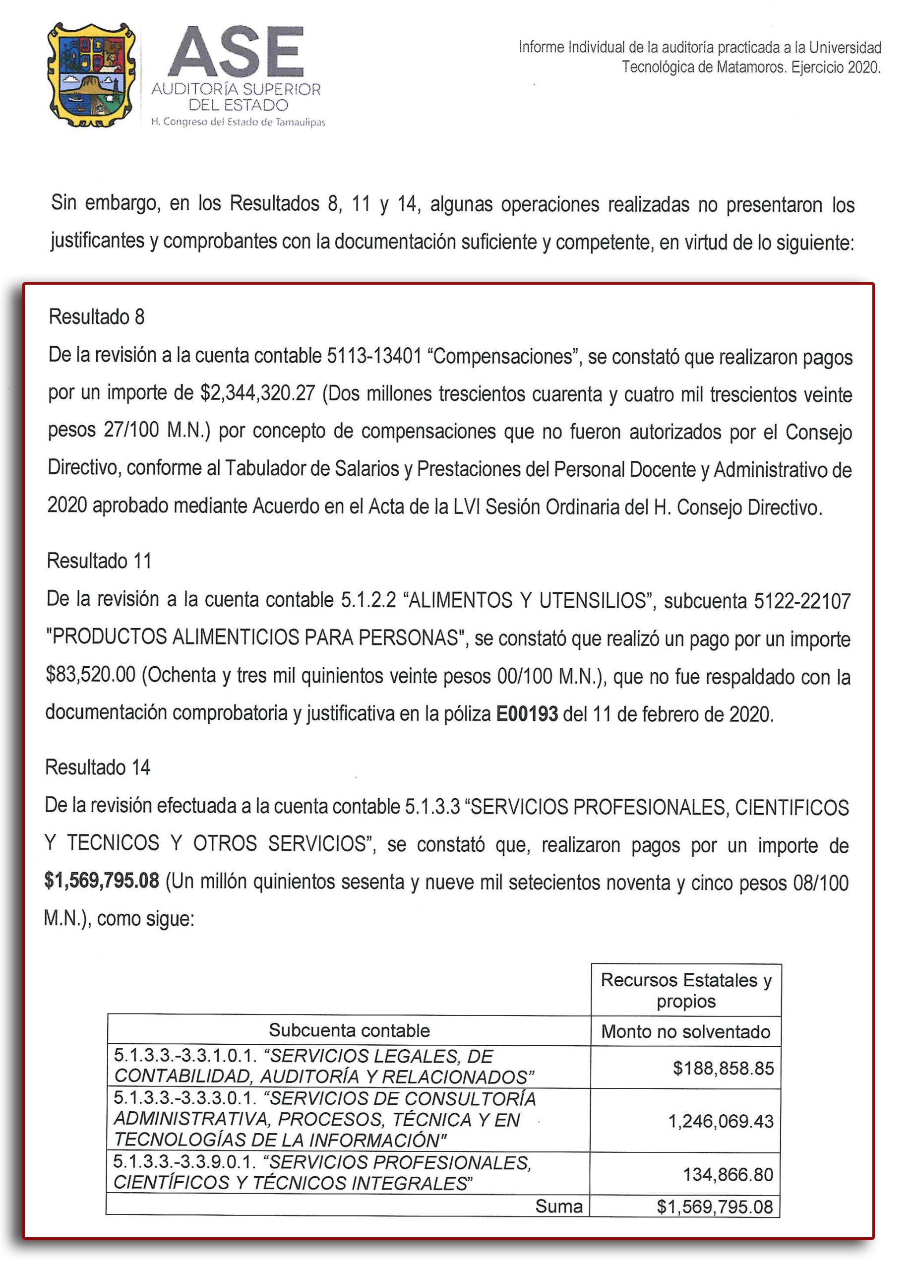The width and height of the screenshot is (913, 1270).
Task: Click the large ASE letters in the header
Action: click(x=236, y=54)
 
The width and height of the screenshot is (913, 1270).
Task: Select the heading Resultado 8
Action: click(x=96, y=317)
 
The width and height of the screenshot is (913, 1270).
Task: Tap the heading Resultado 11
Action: click(x=99, y=561)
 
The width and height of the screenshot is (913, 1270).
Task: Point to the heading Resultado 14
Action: click(x=97, y=767)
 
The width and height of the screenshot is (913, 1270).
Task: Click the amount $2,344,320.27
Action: click(x=257, y=393)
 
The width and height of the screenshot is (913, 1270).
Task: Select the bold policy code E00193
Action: click(x=527, y=714)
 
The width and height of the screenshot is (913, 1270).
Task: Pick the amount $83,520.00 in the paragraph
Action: click(x=91, y=675)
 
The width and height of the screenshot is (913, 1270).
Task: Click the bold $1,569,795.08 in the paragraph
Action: click(x=102, y=881)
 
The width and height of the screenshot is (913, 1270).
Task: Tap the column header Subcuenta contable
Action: click(x=349, y=1030)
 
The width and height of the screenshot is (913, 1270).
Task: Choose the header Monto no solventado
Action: click(x=685, y=1031)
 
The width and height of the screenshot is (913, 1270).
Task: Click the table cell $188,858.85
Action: click(x=723, y=1068)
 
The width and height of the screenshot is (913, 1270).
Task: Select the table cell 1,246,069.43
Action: click(x=721, y=1121)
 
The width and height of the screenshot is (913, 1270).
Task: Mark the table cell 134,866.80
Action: click(x=727, y=1174)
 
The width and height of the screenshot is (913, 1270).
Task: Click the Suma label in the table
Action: click(x=558, y=1206)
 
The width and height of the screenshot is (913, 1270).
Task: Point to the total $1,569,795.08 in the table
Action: click(x=714, y=1206)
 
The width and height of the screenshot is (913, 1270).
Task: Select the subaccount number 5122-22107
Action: click(x=801, y=601)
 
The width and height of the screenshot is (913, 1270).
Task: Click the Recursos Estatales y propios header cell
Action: click(x=686, y=990)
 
